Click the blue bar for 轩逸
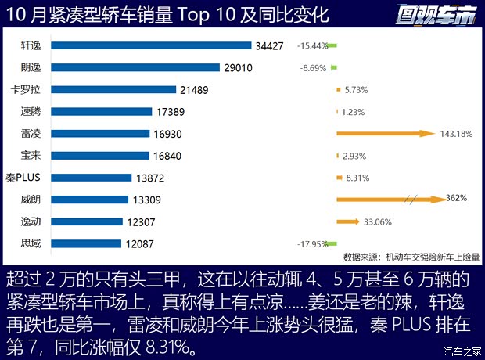click(x=149, y=45)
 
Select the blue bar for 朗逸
click(x=134, y=68)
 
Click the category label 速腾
click(x=31, y=112)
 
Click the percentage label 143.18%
click(x=457, y=134)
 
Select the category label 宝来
click(x=31, y=156)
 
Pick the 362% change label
click(x=456, y=198)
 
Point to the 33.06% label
click(x=378, y=221)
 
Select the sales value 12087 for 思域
click(x=139, y=243)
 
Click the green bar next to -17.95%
click(x=332, y=243)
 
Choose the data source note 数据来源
click(x=411, y=256)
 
